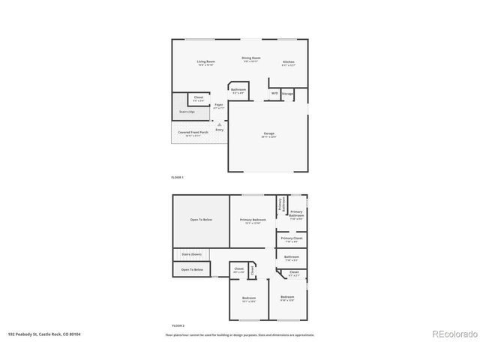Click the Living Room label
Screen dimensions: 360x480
205,62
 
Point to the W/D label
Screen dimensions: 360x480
274,93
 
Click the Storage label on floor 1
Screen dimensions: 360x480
287,93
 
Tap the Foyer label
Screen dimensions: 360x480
218,106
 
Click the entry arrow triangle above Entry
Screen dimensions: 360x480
220,124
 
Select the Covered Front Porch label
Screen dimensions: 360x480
193,133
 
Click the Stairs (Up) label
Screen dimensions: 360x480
187,112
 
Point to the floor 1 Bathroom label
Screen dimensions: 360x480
238,90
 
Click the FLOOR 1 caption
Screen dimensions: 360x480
178,177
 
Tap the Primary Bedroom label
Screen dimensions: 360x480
253,220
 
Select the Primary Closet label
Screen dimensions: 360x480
292,239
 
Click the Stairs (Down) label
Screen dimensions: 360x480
191,254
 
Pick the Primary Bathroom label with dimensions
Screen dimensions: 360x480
296,216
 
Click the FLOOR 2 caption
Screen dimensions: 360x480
178,325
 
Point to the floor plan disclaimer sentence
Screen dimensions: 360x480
240,334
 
